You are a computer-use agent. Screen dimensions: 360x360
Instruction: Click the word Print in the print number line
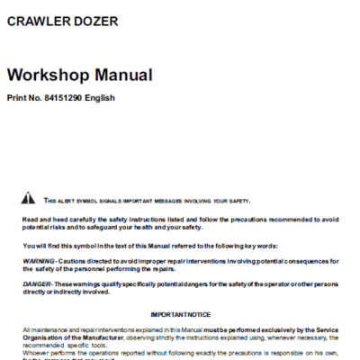(x=17, y=97)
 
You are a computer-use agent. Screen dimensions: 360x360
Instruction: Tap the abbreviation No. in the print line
(x=40, y=97)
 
